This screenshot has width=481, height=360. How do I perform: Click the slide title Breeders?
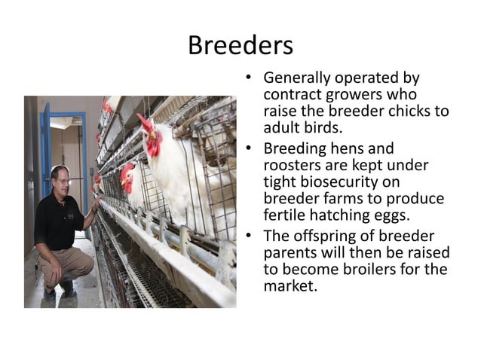(x=240, y=45)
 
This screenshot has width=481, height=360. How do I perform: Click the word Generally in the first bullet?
(x=298, y=78)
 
